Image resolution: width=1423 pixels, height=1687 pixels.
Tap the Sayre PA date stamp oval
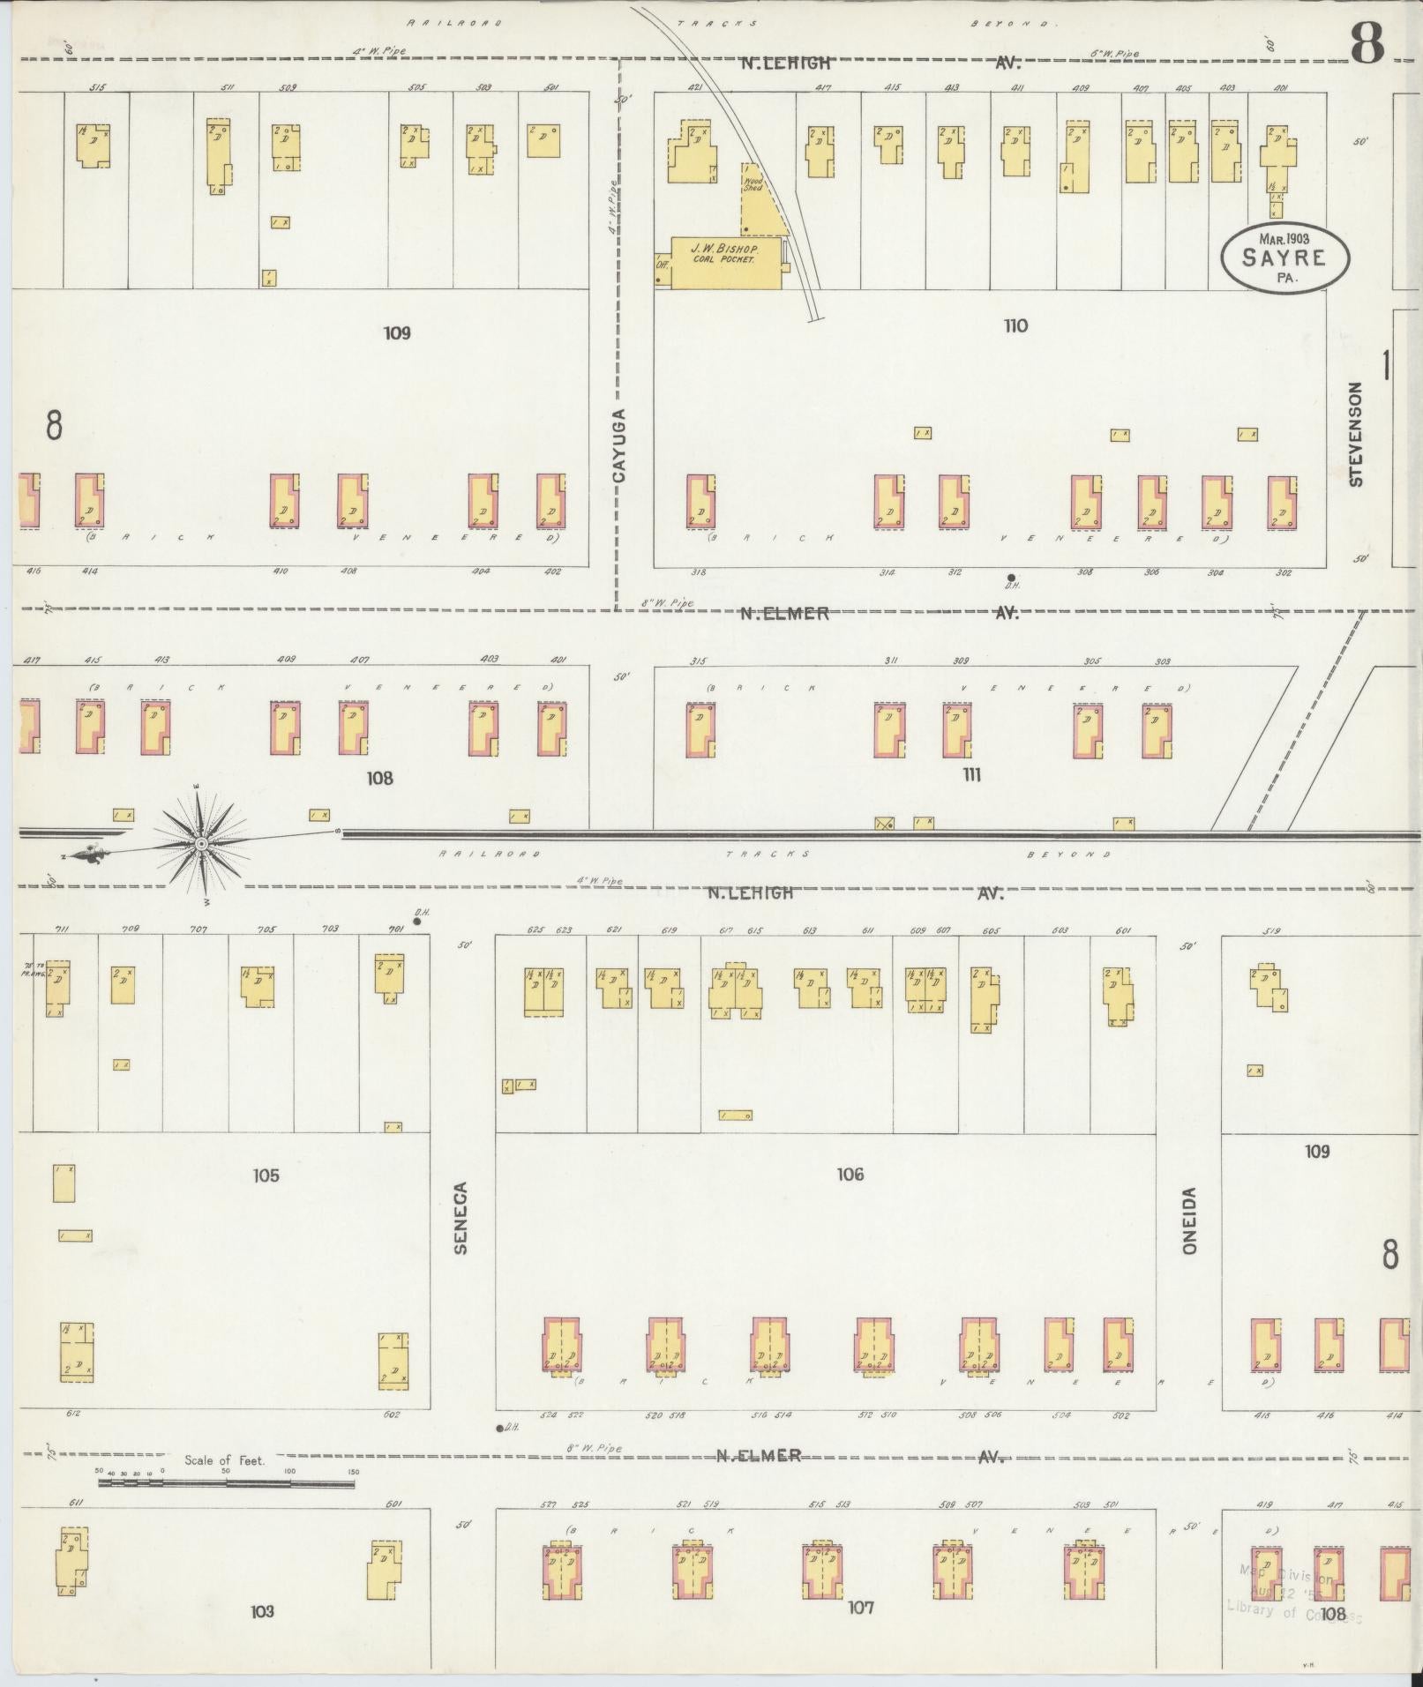click(x=1284, y=257)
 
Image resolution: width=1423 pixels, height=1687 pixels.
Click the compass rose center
click(x=201, y=844)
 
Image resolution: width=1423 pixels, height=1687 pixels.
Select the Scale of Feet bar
click(x=226, y=1484)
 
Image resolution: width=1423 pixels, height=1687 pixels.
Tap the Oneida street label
click(x=1189, y=1220)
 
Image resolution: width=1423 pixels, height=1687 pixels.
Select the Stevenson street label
click(x=1356, y=434)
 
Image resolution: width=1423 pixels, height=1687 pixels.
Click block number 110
click(x=1015, y=326)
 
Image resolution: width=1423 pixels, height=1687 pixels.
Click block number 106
click(x=850, y=1174)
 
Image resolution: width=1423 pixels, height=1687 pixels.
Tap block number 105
click(x=266, y=1175)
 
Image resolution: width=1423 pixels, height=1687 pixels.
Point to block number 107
click(x=860, y=1607)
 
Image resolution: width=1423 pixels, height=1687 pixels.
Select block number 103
click(x=262, y=1610)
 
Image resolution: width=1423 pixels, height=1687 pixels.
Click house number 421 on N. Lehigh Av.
click(x=694, y=88)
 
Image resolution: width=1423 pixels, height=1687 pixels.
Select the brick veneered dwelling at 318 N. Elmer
click(x=700, y=503)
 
